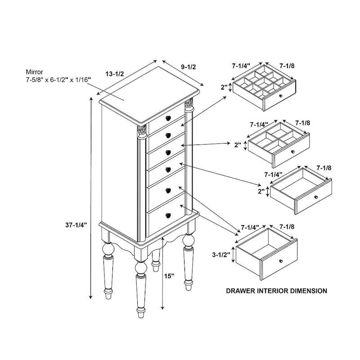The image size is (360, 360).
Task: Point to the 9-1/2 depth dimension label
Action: tap(189, 67)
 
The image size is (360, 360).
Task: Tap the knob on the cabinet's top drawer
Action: tap(167, 118)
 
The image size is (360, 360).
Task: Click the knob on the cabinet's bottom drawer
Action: tap(167, 215)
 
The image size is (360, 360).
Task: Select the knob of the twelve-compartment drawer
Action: tap(280, 96)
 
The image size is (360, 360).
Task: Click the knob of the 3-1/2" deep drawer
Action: tap(281, 261)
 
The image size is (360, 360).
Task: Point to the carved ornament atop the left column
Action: tap(142, 130)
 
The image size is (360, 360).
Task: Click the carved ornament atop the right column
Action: tap(189, 104)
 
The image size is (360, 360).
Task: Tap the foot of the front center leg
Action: tap(141, 311)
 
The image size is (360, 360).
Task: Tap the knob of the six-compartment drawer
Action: tap(293, 152)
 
